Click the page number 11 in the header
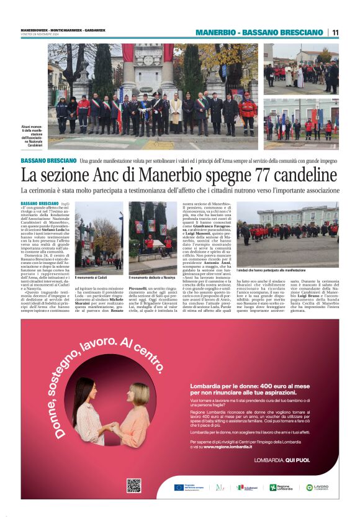(335, 32)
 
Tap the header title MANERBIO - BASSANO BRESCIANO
(259, 32)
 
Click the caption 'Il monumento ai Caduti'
(91, 277)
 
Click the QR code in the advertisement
(133, 486)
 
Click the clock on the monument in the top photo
(148, 60)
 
